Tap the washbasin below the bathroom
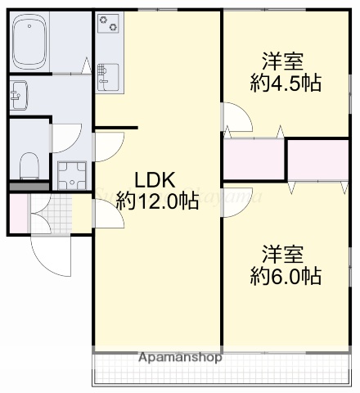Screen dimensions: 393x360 point(20,96)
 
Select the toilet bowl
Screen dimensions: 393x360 point(29,164)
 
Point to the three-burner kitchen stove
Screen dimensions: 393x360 point(108,25)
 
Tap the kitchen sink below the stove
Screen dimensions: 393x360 point(106,76)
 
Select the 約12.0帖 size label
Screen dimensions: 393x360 point(157,201)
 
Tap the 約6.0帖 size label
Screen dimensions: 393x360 point(285,276)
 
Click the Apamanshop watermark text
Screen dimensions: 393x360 point(181,358)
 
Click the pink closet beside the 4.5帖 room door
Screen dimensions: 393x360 point(254,159)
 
